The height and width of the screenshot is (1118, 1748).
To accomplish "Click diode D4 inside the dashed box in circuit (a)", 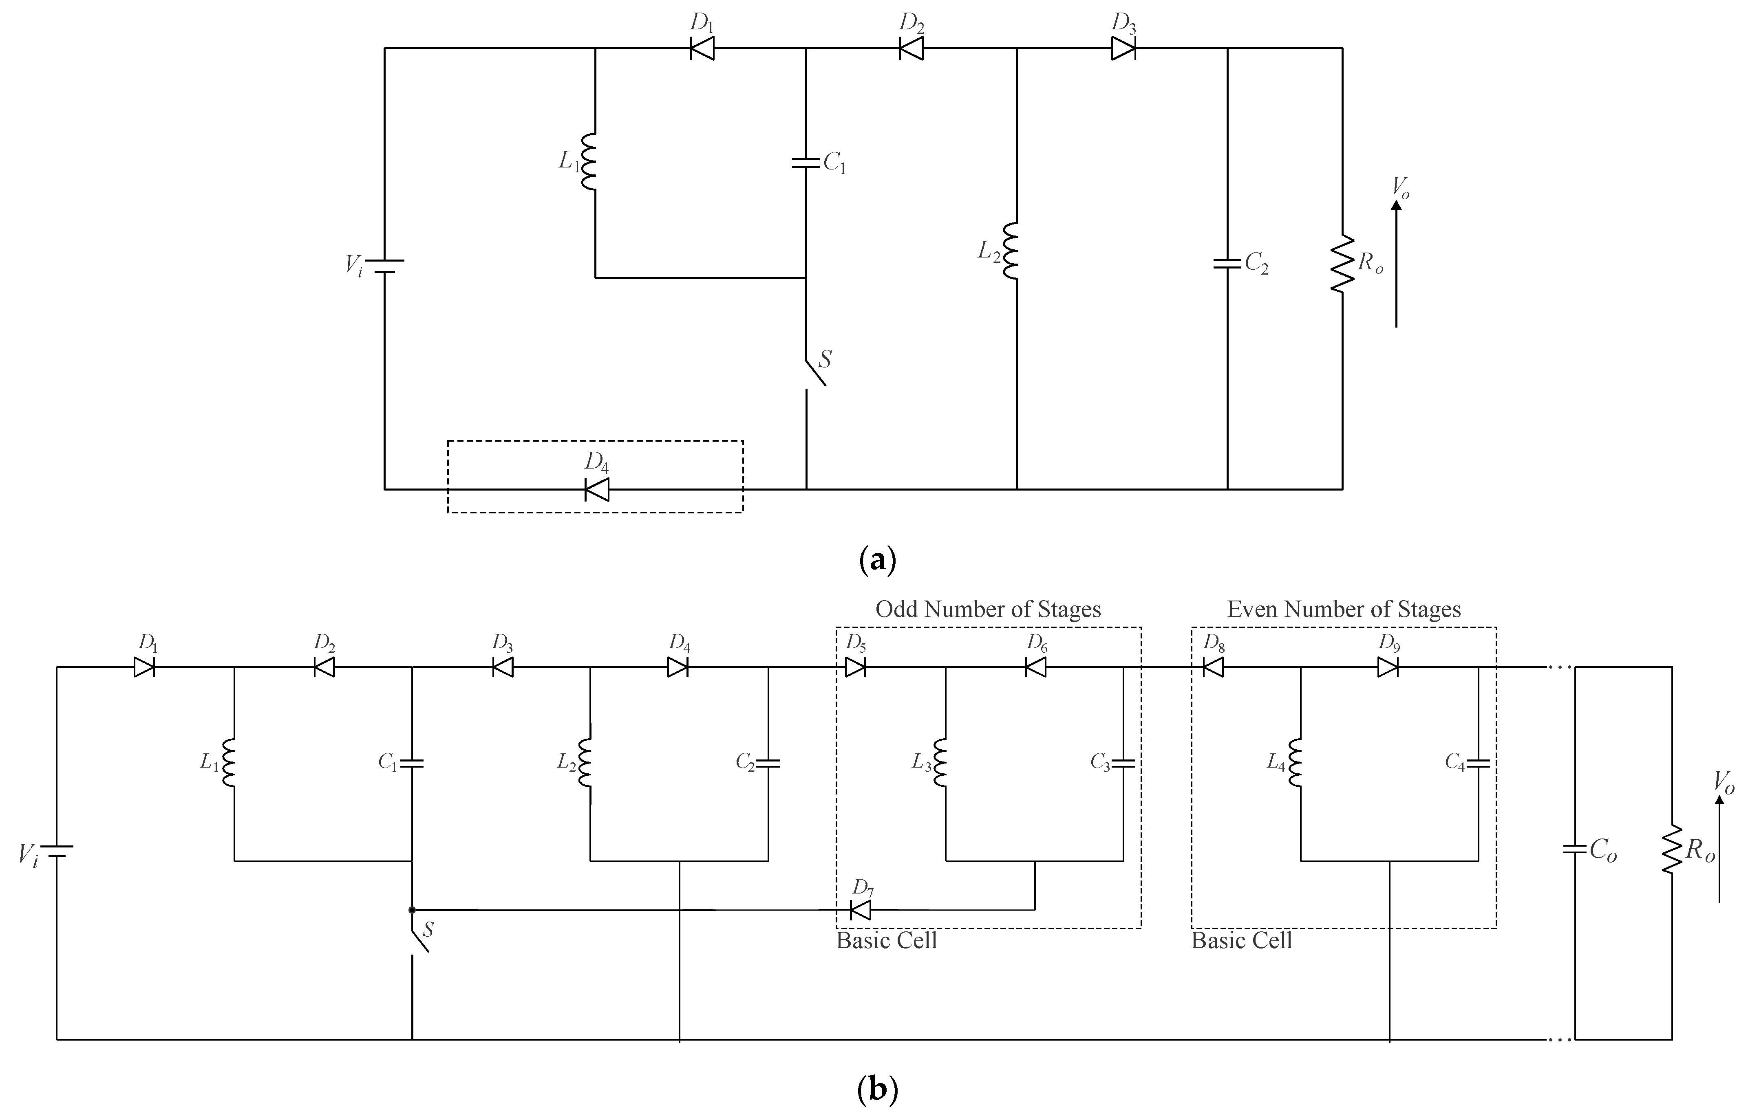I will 597,489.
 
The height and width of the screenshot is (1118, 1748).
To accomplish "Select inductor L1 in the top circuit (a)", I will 589,162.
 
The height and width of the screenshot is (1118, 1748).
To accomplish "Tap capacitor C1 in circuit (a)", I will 806,162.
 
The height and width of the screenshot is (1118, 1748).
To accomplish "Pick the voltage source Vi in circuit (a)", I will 384,266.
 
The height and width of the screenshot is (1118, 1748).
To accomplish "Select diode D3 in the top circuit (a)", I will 1123,48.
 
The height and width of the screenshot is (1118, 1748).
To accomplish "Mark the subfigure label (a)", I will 877,561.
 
